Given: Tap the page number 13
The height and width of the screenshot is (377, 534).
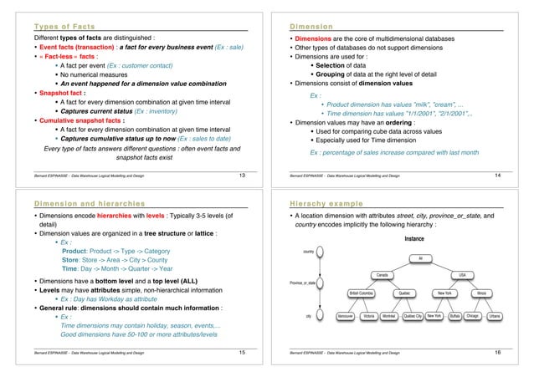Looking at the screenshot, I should click(241, 175).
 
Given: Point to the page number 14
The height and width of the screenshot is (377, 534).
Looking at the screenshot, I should click(519, 175).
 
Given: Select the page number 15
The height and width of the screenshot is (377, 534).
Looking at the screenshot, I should click(241, 354).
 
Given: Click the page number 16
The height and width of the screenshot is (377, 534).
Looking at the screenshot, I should click(519, 354).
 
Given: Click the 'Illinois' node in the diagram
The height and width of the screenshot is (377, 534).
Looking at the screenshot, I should click(483, 293).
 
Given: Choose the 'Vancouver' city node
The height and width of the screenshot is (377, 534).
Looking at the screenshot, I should click(340, 318).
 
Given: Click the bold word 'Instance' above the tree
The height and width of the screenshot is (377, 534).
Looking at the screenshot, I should click(418, 238).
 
